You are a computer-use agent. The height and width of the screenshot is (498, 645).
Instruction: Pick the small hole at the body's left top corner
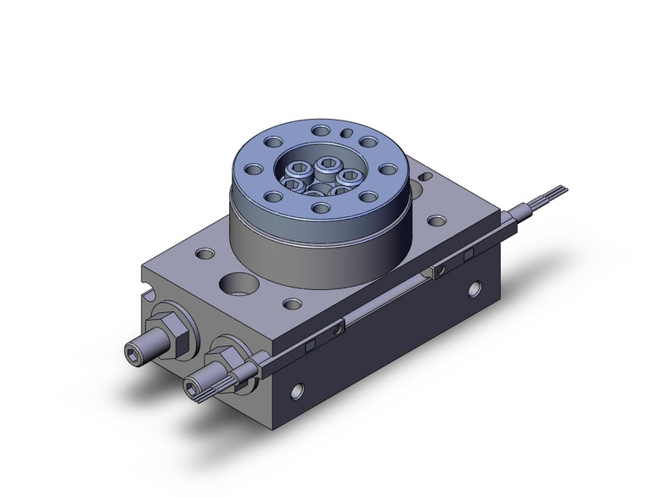(205, 253)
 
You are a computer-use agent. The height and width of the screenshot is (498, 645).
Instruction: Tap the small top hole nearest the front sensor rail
(292, 303)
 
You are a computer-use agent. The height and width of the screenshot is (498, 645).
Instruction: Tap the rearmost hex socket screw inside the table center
(328, 162)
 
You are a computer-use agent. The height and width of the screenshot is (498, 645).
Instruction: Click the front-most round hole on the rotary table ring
(318, 206)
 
